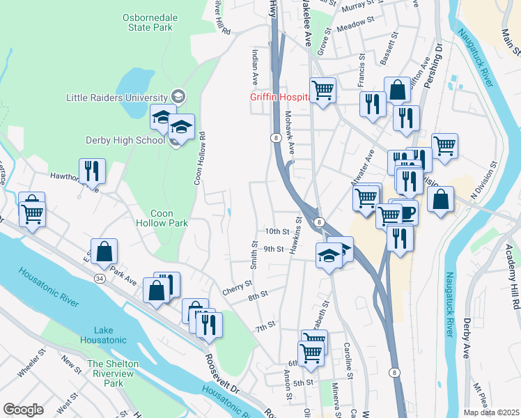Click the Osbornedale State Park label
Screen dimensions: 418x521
(146, 22)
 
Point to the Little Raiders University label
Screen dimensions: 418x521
(116, 97)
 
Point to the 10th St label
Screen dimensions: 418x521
(277, 231)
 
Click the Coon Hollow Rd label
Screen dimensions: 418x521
(199, 159)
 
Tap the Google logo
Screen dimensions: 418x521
(23, 410)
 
